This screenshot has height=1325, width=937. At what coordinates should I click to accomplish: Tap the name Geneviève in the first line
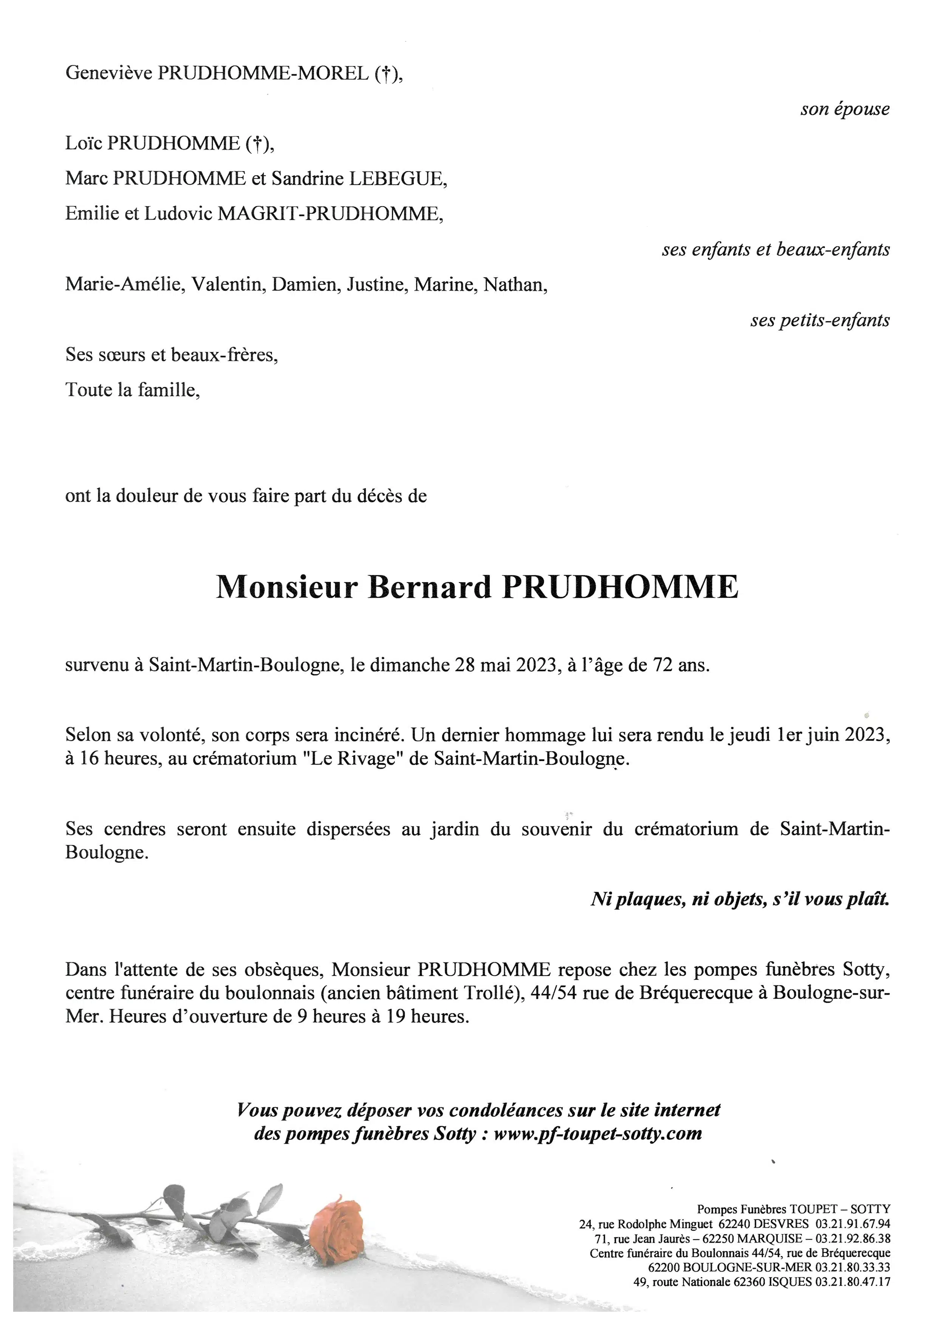pos(108,73)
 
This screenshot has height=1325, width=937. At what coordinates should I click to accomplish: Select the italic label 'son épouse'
pos(845,109)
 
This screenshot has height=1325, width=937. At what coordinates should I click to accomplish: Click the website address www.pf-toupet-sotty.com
pos(598,1133)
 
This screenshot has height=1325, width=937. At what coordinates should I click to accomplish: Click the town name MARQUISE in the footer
pos(768,1238)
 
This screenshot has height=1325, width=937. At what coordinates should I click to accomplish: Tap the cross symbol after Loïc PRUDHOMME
pos(257,144)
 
